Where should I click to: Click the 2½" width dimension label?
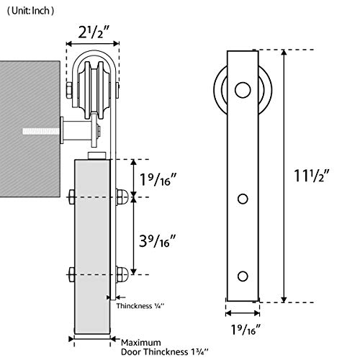coord(94,32)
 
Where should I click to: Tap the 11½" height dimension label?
coord(312,176)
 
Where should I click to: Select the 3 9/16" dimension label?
coord(158,240)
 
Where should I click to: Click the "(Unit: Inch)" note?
coord(30,11)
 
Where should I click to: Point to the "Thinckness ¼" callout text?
coord(140,306)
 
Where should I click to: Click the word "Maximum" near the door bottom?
coord(141,343)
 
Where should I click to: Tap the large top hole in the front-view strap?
coord(243,90)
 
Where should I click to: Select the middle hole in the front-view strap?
coord(243,199)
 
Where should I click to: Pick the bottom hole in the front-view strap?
coord(243,276)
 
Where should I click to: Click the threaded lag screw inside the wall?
coord(41,131)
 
